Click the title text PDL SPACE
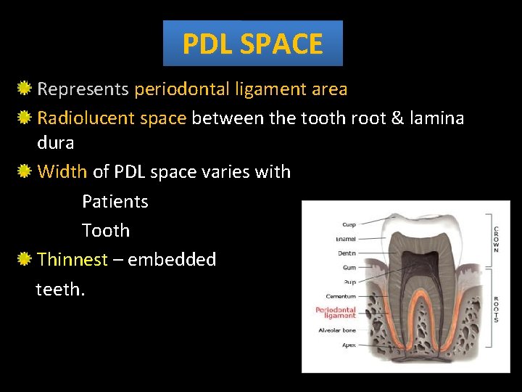(252, 44)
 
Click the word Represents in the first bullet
(83, 89)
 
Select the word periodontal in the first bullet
(181, 89)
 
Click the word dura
(55, 143)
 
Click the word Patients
(115, 201)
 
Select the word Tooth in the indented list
(106, 230)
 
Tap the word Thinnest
(72, 259)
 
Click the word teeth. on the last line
(60, 289)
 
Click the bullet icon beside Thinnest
(25, 259)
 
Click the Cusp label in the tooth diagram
(349, 223)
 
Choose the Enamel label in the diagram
(345, 238)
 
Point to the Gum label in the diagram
(349, 267)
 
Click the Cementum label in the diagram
(341, 296)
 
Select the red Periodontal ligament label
(336, 313)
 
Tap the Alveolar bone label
(337, 330)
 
